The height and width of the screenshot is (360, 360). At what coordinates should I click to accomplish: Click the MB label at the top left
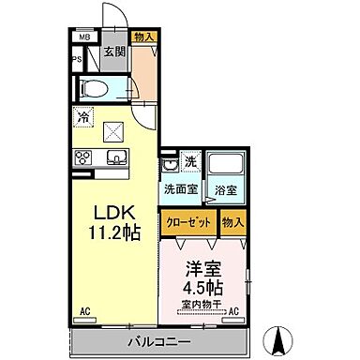pyautogui.click(x=83, y=37)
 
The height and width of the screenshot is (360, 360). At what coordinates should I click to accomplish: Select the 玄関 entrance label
pyautogui.click(x=114, y=53)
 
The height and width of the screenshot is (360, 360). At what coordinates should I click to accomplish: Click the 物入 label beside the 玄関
pyautogui.click(x=143, y=37)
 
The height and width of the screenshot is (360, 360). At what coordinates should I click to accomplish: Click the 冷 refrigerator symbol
pyautogui.click(x=84, y=118)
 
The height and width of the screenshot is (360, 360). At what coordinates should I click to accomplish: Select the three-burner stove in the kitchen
pyautogui.click(x=82, y=157)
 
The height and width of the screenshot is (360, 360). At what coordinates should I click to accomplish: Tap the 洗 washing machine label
pyautogui.click(x=189, y=161)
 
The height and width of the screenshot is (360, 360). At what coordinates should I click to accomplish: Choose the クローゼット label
pyautogui.click(x=187, y=221)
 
